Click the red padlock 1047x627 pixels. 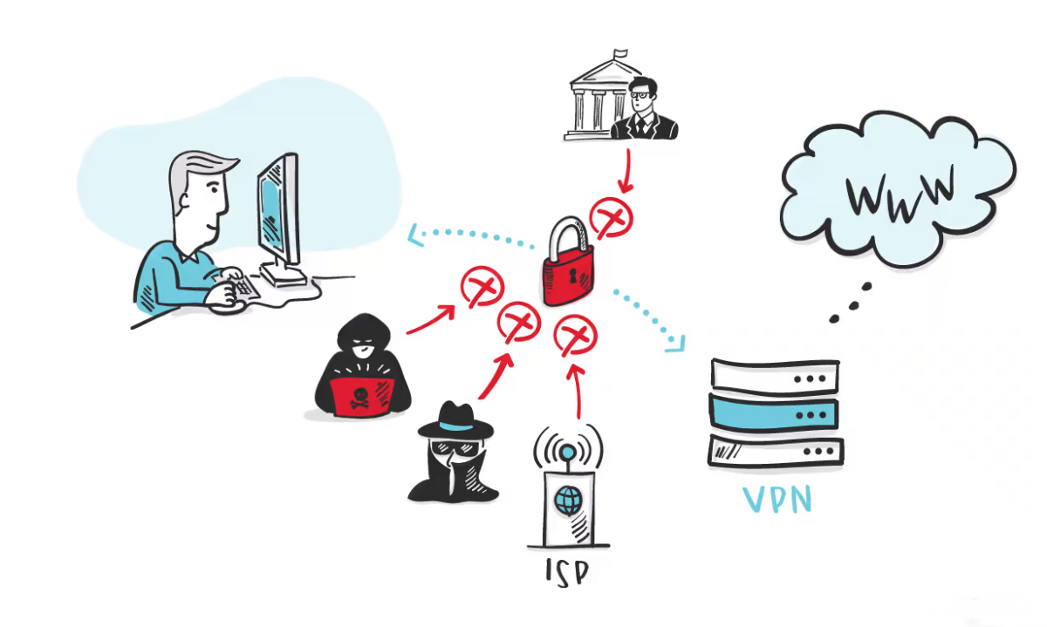tap(568, 269)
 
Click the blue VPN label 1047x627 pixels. tap(777, 500)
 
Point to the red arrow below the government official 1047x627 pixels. tap(625, 169)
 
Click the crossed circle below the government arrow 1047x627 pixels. tap(610, 215)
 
